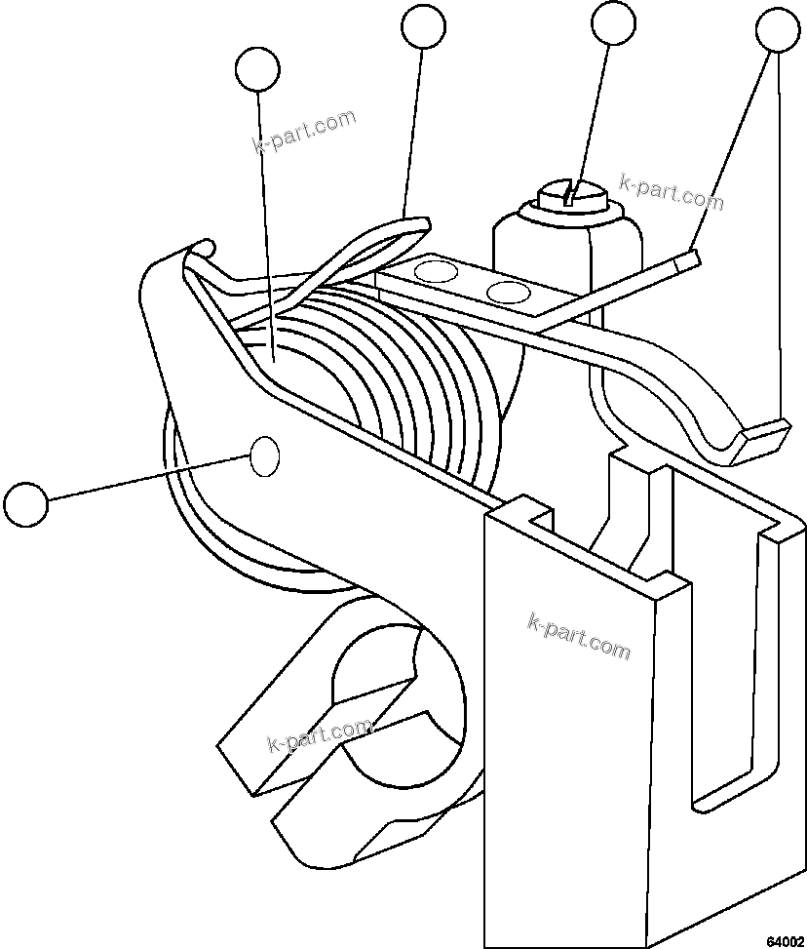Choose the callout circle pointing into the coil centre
coord(258,69)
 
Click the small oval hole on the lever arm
coord(265,455)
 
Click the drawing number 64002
coord(783,940)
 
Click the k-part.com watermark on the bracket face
coord(579,635)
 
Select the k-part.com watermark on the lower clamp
coord(319,735)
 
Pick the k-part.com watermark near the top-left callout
coord(303,132)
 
